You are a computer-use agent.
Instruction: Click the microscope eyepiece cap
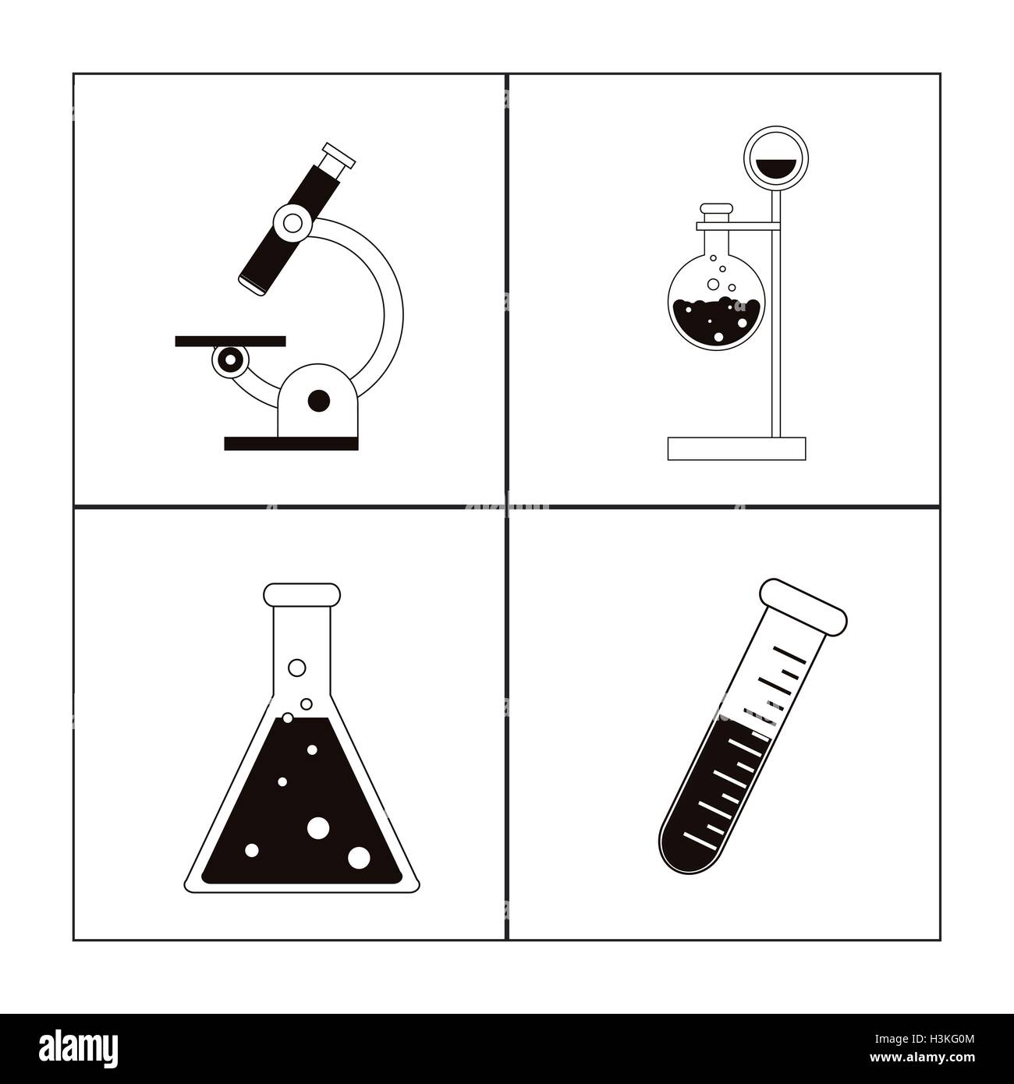pos(339,155)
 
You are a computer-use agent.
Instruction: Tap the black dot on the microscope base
pos(319,401)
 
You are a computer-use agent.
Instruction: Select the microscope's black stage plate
pos(230,341)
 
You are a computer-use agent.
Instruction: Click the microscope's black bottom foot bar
pos(291,444)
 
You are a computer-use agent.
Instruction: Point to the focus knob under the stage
pos(230,360)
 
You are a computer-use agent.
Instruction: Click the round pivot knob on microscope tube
pos(293,223)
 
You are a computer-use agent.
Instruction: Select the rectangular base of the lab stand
pos(736,448)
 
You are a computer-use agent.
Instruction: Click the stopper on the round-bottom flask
pos(716,210)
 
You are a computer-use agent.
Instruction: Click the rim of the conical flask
pos(302,594)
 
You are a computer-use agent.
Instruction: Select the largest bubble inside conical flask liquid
pos(318,827)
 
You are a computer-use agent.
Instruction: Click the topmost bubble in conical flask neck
pos(297,668)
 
